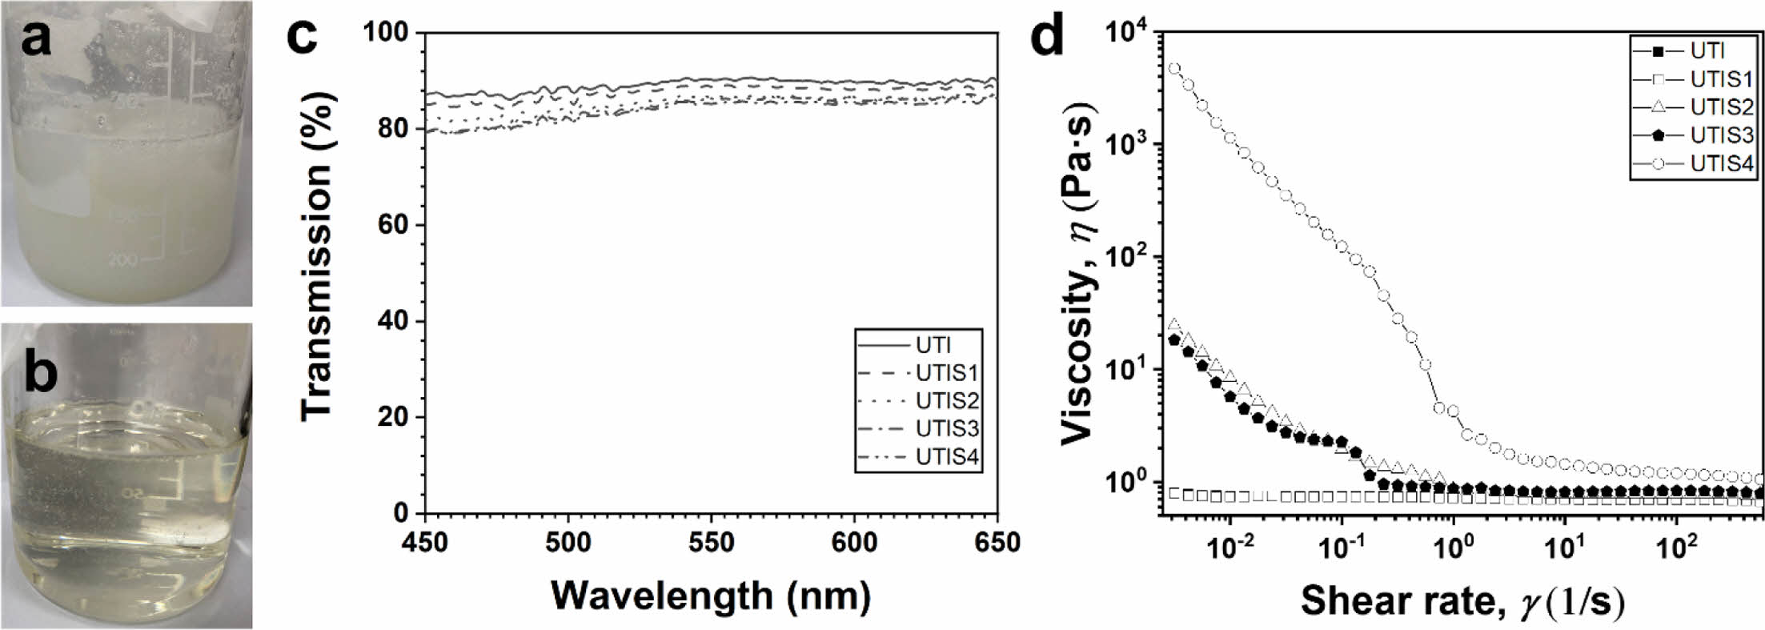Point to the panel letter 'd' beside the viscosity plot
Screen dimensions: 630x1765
(x=1049, y=36)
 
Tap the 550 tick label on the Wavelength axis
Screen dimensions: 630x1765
(x=711, y=543)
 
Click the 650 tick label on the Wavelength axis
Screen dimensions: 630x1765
(x=996, y=543)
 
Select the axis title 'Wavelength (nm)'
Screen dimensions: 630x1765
(x=711, y=596)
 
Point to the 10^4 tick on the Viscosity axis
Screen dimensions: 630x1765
(x=1127, y=33)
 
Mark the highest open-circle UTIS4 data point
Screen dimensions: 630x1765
(x=1174, y=69)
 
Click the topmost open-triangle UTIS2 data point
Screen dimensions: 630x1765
(x=1174, y=324)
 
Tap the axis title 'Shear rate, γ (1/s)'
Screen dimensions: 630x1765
(x=1462, y=600)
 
